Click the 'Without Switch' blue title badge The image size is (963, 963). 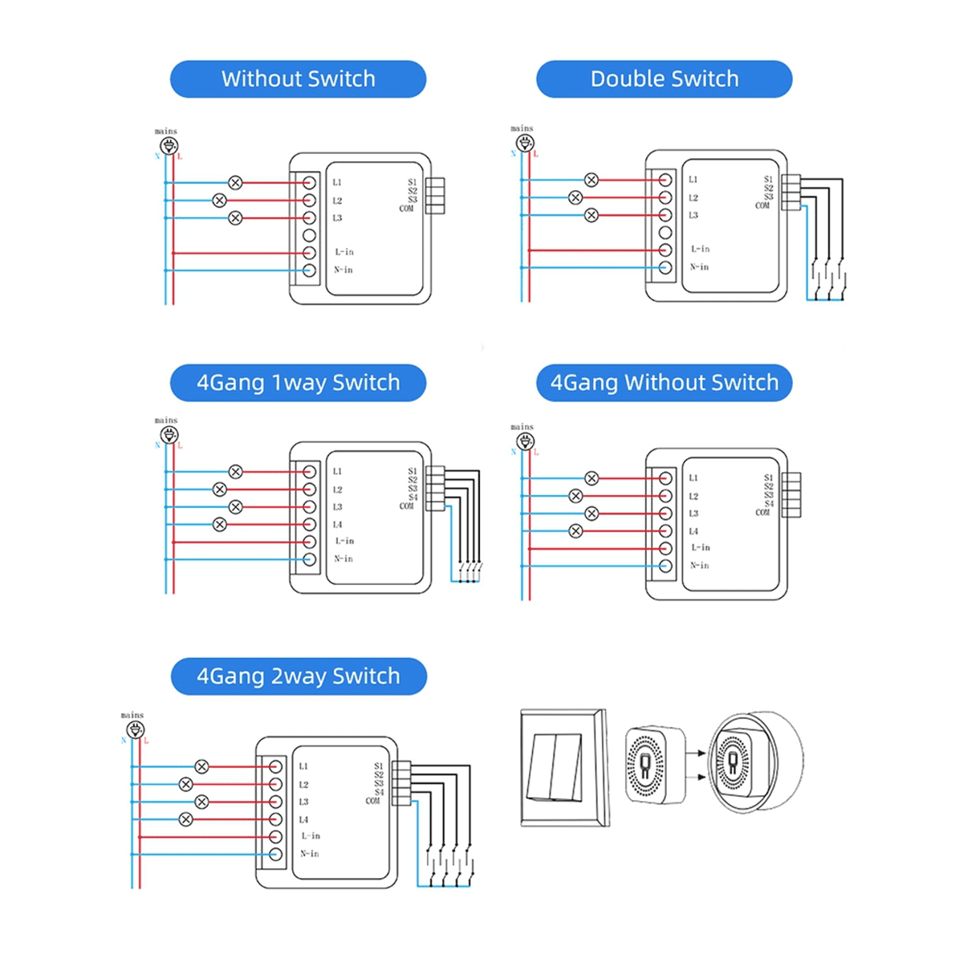coord(298,79)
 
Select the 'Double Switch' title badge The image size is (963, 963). coord(664,79)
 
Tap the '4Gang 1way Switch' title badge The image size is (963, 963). coord(298,383)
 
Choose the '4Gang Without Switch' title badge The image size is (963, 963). coord(664,383)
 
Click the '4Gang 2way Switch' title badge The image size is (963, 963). coord(299,677)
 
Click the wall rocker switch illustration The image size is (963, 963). coord(564,767)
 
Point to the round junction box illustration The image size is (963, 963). coord(756,762)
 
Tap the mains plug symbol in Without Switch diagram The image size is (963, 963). coord(169,146)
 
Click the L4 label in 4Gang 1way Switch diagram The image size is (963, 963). coord(337,525)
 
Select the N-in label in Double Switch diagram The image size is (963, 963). coord(699,267)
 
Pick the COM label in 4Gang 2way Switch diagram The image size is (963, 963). coord(373,801)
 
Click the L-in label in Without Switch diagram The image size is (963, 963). coord(343,252)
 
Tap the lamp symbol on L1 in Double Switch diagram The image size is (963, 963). coord(591,180)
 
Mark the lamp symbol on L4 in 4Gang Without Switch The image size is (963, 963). coord(575,531)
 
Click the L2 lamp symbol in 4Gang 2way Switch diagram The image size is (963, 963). coord(186,784)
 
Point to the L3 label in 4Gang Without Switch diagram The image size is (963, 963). coord(693,514)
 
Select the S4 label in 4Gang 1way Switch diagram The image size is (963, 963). coord(412,498)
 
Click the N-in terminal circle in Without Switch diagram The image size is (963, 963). coord(309,270)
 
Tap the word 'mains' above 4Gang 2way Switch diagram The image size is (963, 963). coord(132,715)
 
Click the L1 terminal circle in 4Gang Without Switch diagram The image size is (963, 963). coord(665,478)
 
